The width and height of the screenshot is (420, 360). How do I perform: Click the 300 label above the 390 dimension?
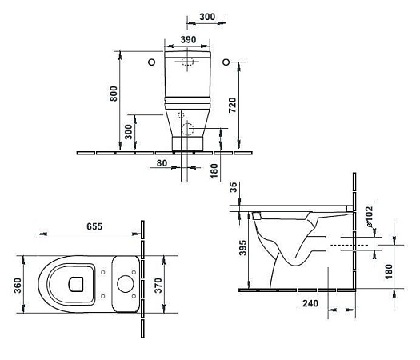click(x=207, y=16)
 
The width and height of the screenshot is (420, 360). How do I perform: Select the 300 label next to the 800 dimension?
click(x=130, y=130)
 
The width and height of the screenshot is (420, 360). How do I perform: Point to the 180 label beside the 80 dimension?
click(x=215, y=171)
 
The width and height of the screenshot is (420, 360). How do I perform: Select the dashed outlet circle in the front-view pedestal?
click(x=187, y=128)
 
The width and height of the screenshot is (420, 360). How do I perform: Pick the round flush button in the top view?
click(x=124, y=282)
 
